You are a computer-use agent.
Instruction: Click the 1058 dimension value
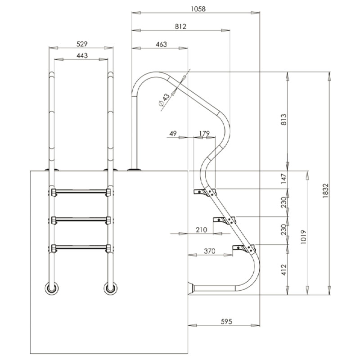click(x=196, y=8)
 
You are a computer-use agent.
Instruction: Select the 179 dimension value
click(x=204, y=134)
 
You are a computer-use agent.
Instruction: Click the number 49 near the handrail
click(x=174, y=134)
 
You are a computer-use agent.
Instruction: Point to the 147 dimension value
click(x=283, y=180)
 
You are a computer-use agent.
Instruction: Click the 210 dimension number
click(x=201, y=229)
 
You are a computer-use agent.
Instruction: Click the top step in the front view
click(x=81, y=193)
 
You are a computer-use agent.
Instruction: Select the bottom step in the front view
click(x=81, y=247)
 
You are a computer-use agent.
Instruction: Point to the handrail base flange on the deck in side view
click(x=134, y=170)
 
